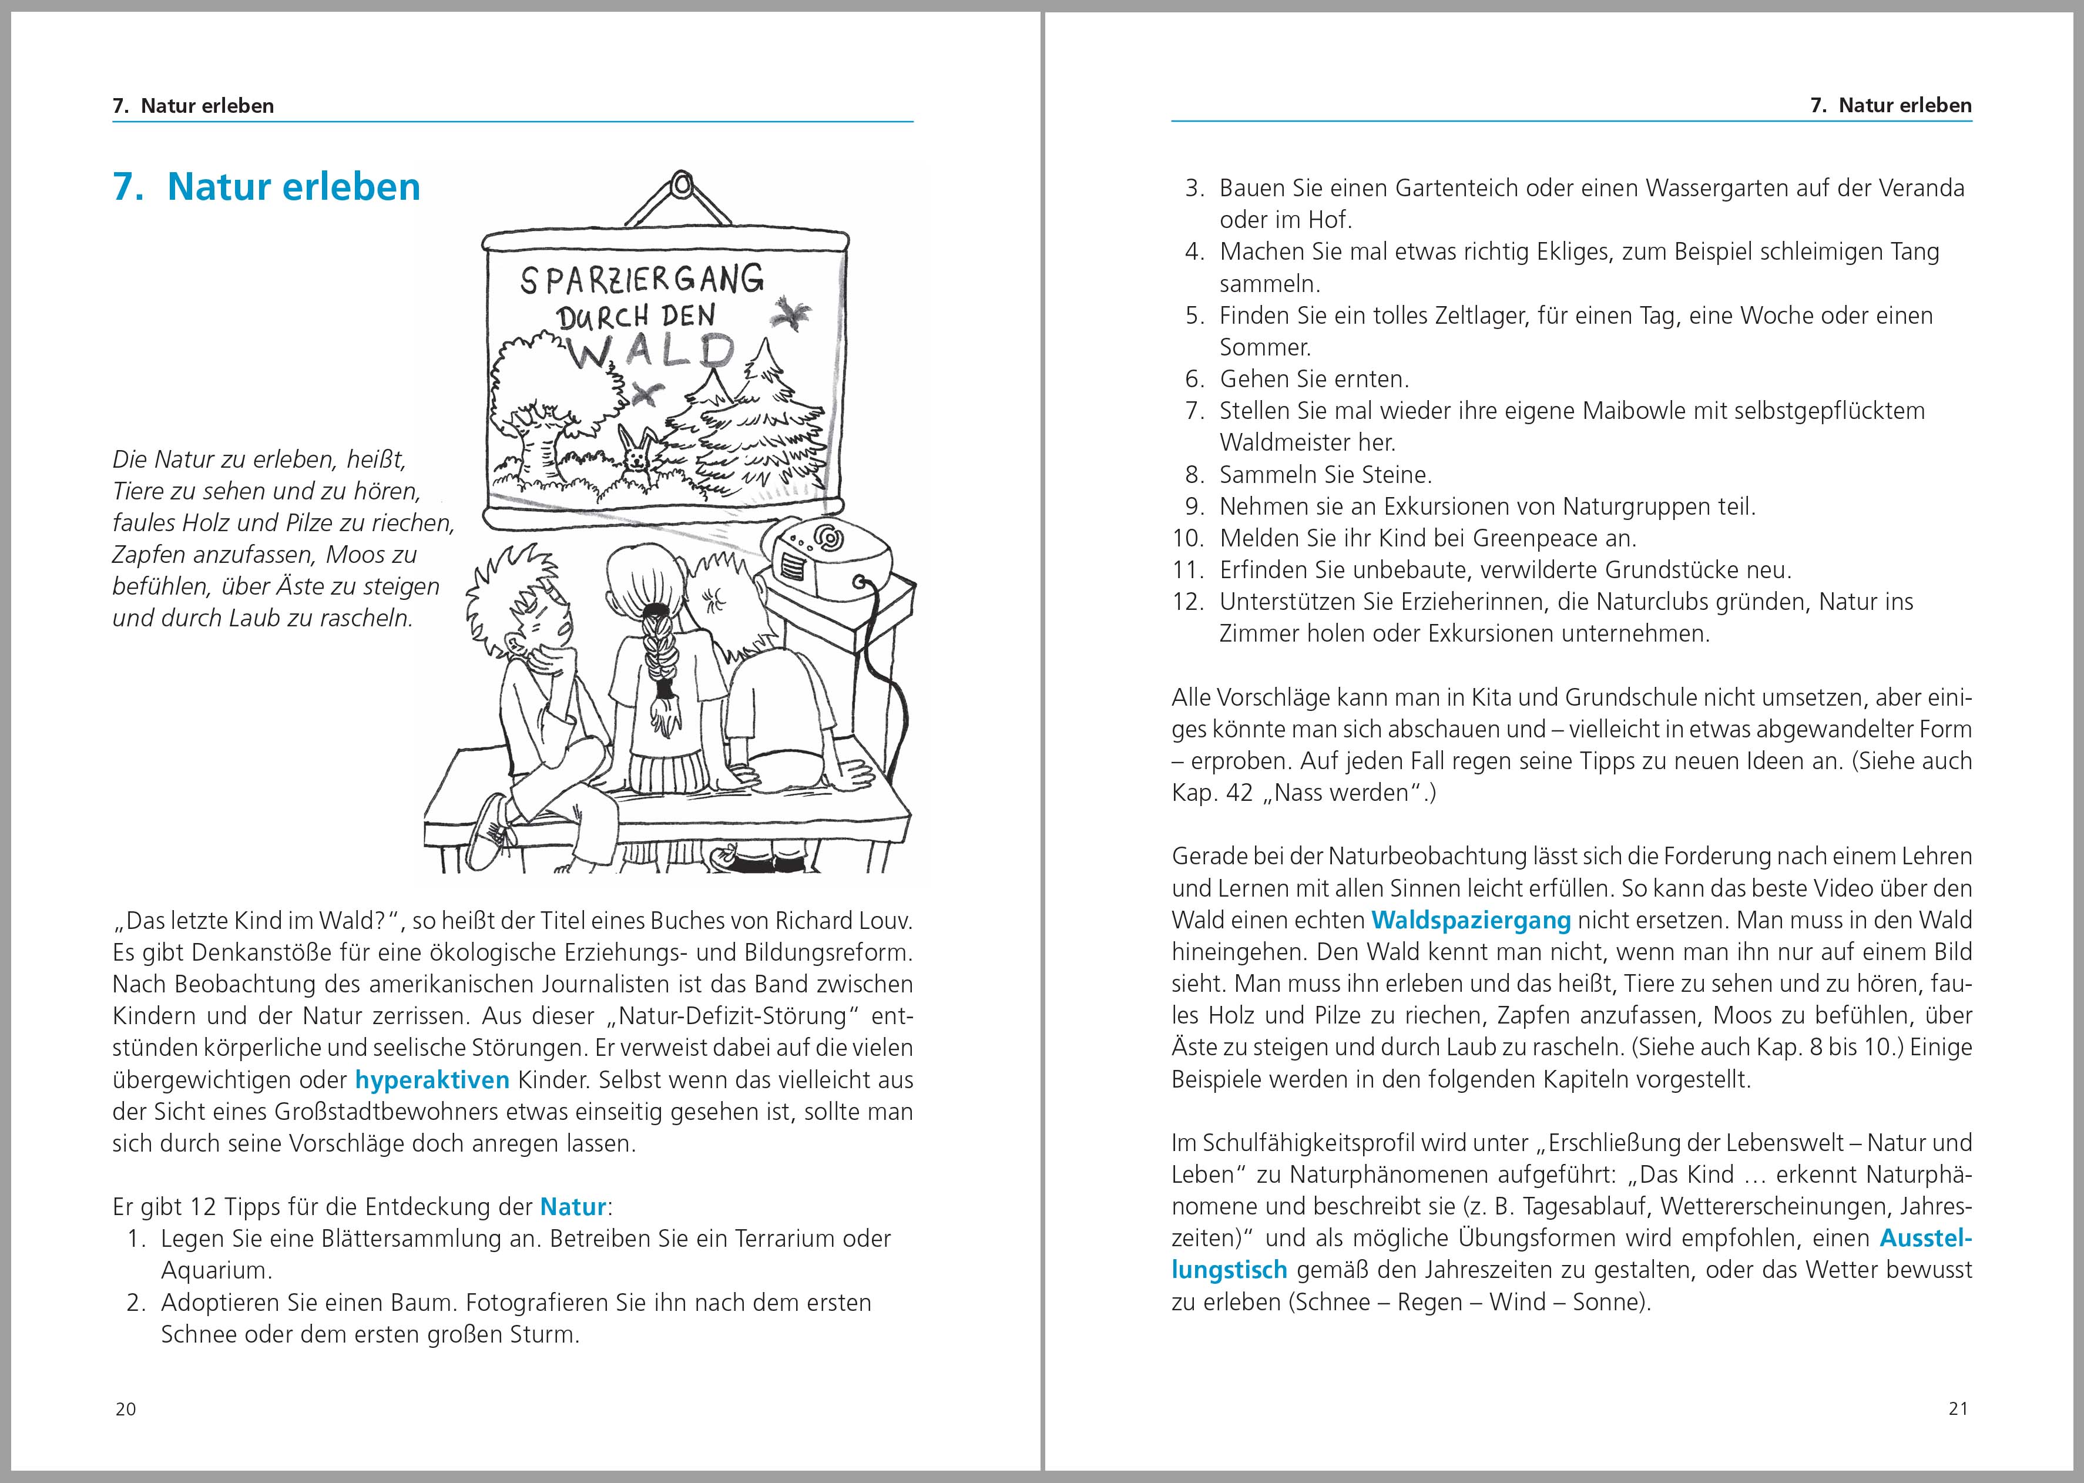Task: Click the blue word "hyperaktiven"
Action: tap(432, 1081)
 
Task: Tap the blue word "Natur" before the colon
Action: tap(573, 1207)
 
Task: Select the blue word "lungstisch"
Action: tap(1229, 1270)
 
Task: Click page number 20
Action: tap(126, 1409)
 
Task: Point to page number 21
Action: tap(1958, 1409)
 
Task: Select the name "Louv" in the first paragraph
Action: tap(886, 921)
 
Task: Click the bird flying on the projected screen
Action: tap(790, 313)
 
